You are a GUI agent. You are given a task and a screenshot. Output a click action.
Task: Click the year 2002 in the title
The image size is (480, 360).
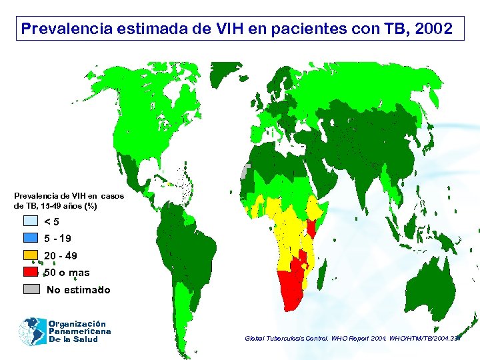[433, 29]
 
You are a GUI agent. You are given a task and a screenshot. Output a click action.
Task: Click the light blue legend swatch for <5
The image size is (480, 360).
[31, 221]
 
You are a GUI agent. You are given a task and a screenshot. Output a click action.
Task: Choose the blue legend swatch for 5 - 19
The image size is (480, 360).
[31, 238]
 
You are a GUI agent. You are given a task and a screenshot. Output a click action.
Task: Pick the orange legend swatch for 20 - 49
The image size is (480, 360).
[31, 255]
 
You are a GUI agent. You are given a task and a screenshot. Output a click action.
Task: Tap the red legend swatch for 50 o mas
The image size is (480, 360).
[31, 272]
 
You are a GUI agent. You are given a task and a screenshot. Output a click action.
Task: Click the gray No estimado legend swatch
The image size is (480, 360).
[31, 289]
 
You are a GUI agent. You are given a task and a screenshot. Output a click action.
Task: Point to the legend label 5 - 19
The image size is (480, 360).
[57, 239]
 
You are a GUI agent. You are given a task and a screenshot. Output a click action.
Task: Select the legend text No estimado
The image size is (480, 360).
[78, 290]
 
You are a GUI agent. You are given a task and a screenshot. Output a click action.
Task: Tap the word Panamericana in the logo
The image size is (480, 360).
[79, 331]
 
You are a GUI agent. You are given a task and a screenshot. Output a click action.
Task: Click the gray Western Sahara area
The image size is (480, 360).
[246, 171]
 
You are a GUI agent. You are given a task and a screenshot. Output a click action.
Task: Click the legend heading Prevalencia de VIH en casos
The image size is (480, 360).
[68, 196]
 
